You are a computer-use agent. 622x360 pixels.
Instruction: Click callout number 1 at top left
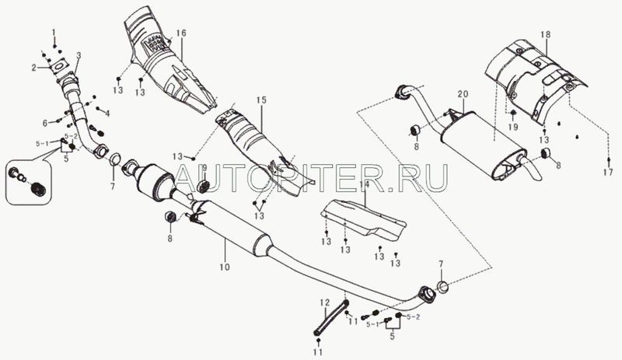click(x=54, y=32)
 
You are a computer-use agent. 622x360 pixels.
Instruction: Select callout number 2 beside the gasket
click(x=34, y=68)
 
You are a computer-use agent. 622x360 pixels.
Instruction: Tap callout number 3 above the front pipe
click(x=79, y=55)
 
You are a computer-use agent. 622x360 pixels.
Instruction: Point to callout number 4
click(x=107, y=114)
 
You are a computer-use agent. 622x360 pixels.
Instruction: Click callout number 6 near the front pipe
click(x=45, y=124)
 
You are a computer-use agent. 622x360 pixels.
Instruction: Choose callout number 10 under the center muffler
click(x=225, y=267)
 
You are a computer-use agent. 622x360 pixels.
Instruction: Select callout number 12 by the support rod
click(x=325, y=303)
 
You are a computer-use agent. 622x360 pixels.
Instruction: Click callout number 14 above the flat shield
click(x=364, y=184)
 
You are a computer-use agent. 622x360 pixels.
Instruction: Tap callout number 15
click(x=260, y=100)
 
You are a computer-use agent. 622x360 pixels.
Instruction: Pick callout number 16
click(x=181, y=33)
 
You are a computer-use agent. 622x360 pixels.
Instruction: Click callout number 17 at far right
click(x=609, y=173)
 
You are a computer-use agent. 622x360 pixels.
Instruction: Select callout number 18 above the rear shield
click(x=546, y=34)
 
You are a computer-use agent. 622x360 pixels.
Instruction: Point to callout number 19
click(x=513, y=127)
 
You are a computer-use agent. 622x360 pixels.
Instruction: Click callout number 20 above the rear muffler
click(x=463, y=94)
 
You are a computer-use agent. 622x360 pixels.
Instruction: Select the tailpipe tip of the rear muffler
click(x=532, y=170)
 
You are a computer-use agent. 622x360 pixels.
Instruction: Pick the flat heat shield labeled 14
click(x=363, y=220)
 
